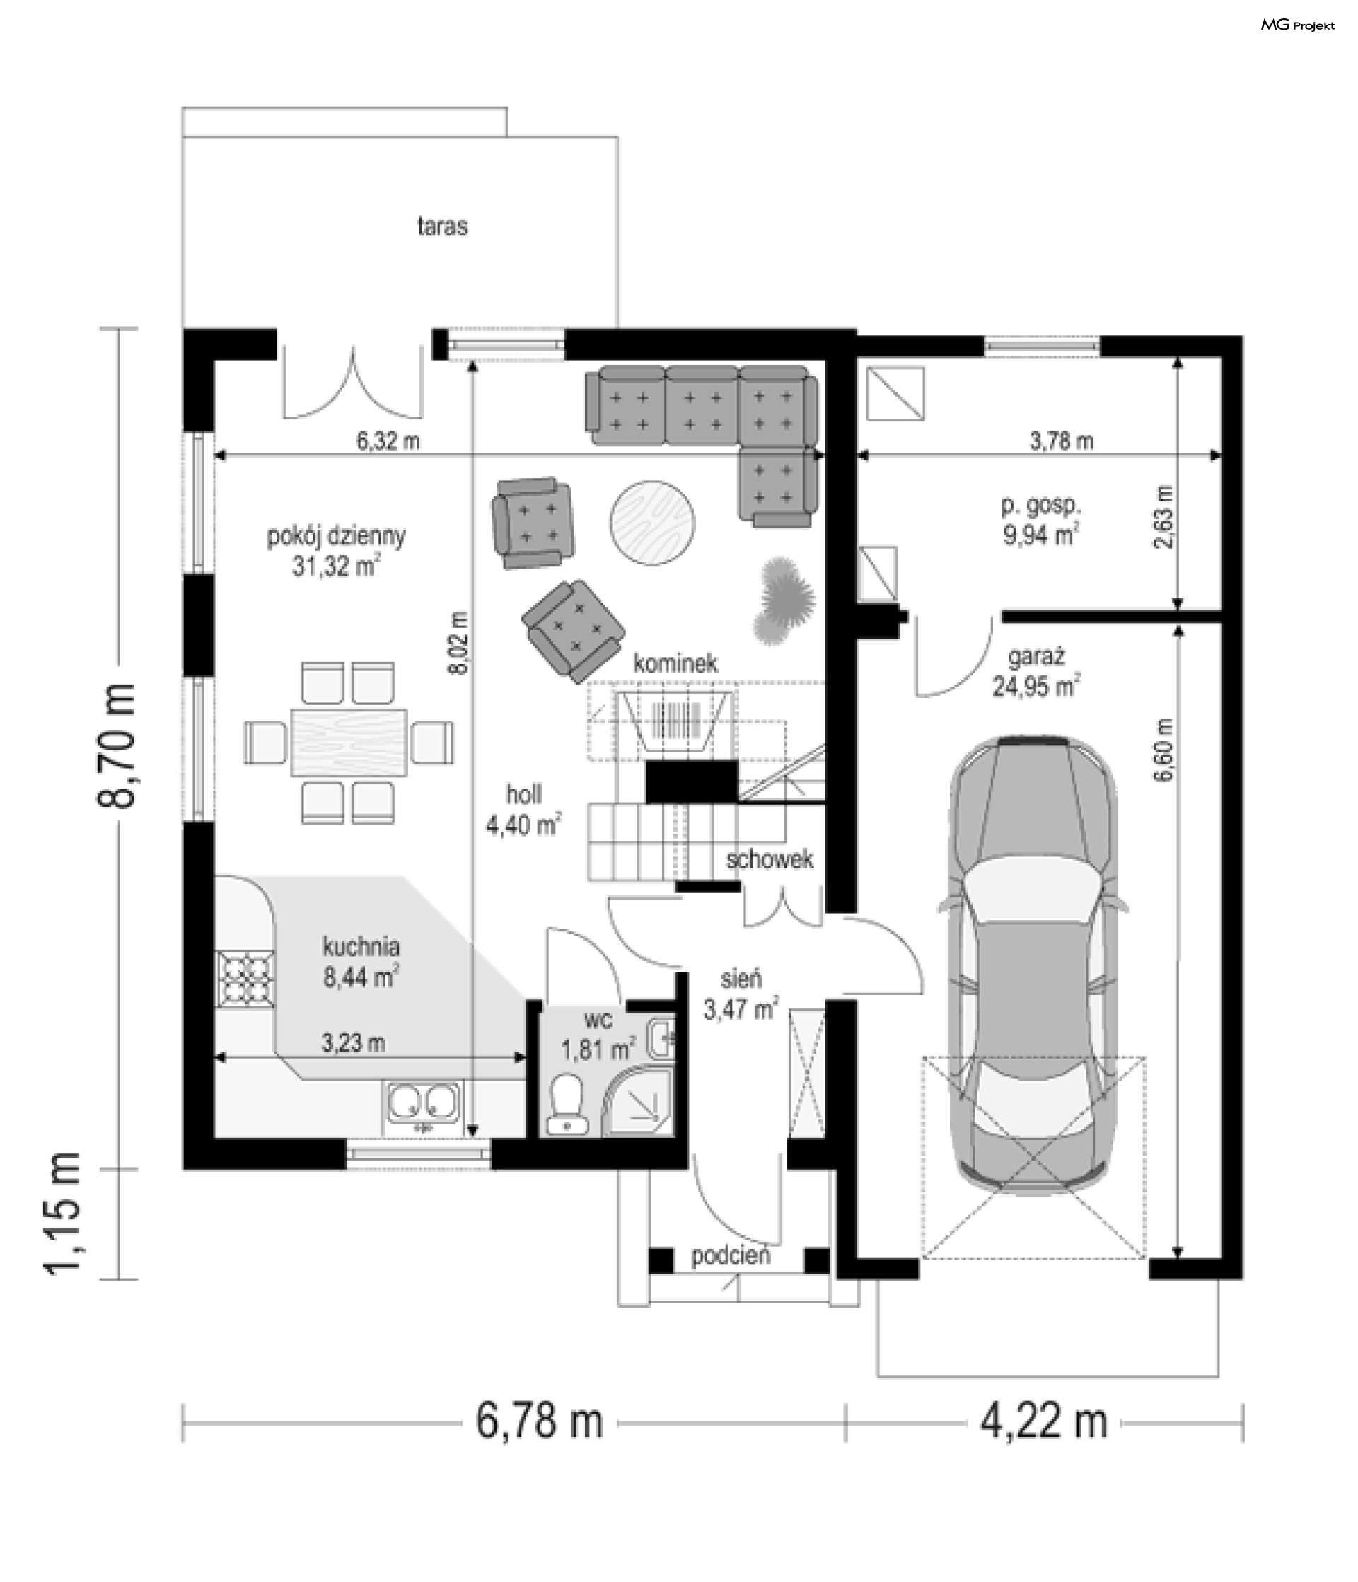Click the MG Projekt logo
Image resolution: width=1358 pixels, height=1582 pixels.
pos(1298,25)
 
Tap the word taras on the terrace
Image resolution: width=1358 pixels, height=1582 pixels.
pos(442,227)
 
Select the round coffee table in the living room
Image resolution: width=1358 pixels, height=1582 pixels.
pos(652,523)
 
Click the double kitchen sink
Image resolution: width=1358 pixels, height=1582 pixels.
pos(423,1104)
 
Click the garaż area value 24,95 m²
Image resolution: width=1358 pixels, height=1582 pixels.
pos(1036,687)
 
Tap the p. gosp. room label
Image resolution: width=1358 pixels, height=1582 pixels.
pos(1042,505)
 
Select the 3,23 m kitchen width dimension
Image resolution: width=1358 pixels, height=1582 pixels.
pos(353,1043)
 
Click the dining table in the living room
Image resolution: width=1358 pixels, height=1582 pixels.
pos(348,741)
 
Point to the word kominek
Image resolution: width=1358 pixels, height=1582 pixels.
pos(676,663)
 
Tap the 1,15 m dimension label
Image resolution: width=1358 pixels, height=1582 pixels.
pos(62,1225)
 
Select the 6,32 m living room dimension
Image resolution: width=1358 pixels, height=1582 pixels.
pos(389,441)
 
